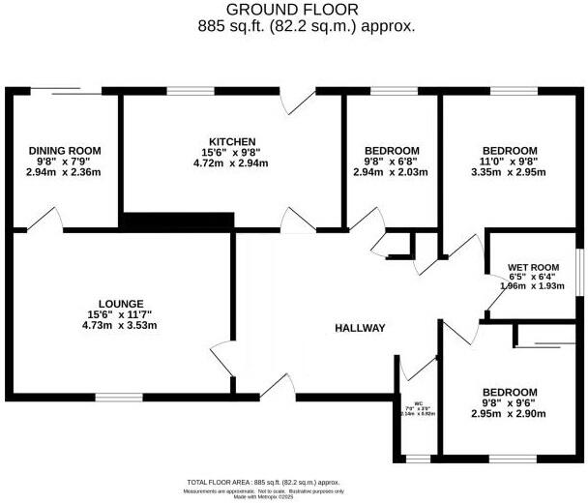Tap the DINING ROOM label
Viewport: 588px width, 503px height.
click(x=65, y=150)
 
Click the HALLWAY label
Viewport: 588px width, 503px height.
click(x=360, y=329)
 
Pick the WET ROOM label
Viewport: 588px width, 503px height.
click(x=534, y=267)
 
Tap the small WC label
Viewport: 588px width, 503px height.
click(x=419, y=403)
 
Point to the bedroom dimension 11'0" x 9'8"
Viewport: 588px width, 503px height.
click(x=510, y=162)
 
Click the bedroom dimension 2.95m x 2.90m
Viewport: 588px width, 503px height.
click(x=508, y=413)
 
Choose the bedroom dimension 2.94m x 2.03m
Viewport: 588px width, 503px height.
click(x=392, y=173)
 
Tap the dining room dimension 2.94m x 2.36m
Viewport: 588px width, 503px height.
click(x=65, y=172)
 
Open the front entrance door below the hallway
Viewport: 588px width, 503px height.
click(x=279, y=388)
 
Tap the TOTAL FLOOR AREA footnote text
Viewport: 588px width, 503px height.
click(x=263, y=481)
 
